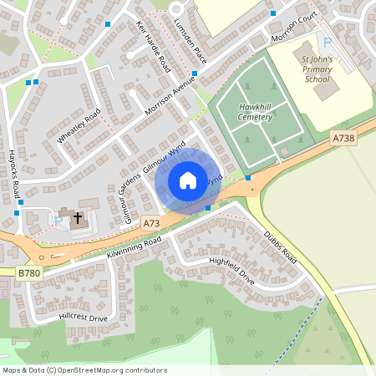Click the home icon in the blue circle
coord(187,180)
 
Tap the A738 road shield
coord(343,138)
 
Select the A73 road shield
coord(150,224)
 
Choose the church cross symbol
coord(78,219)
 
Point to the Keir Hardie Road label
coord(153,46)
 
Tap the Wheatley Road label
coord(79,126)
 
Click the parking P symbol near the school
coord(328,42)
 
